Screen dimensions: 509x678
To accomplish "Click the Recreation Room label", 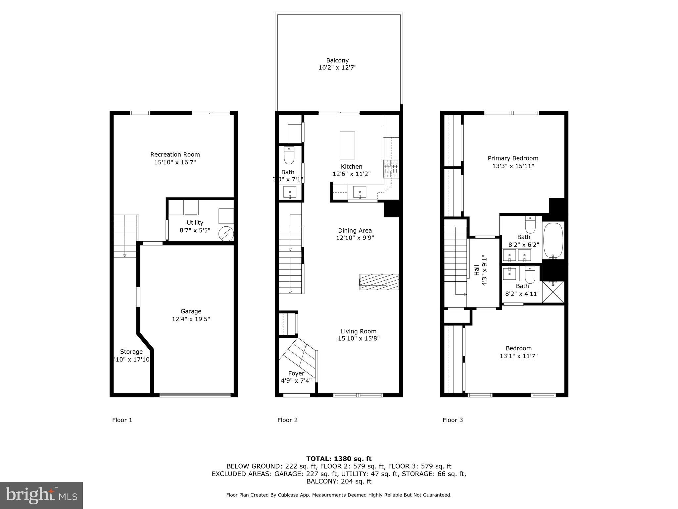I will click(x=175, y=154).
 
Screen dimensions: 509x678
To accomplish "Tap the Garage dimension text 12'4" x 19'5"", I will click(x=191, y=319).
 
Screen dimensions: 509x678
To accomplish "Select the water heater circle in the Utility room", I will click(x=226, y=234).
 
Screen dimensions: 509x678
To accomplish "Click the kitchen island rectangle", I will click(x=347, y=145).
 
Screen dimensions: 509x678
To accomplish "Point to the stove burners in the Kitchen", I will click(x=391, y=169).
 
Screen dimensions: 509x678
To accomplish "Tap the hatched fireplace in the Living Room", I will click(x=379, y=282).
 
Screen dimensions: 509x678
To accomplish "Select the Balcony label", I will click(x=337, y=60).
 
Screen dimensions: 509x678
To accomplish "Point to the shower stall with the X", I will click(x=553, y=292).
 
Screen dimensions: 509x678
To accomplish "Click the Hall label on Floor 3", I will click(x=477, y=270).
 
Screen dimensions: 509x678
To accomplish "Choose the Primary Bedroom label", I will click(x=513, y=158).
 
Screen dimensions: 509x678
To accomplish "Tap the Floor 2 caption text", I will click(x=287, y=420).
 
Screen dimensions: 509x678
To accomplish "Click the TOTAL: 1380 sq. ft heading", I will click(x=339, y=459).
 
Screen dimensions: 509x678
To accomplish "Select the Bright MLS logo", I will click(x=41, y=495).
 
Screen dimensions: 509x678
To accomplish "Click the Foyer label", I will click(x=296, y=373).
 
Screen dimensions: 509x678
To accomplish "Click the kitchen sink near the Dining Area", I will click(x=360, y=192).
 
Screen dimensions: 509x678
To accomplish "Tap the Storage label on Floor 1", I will click(x=131, y=352).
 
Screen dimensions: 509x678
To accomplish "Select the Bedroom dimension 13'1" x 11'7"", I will click(x=518, y=356).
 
